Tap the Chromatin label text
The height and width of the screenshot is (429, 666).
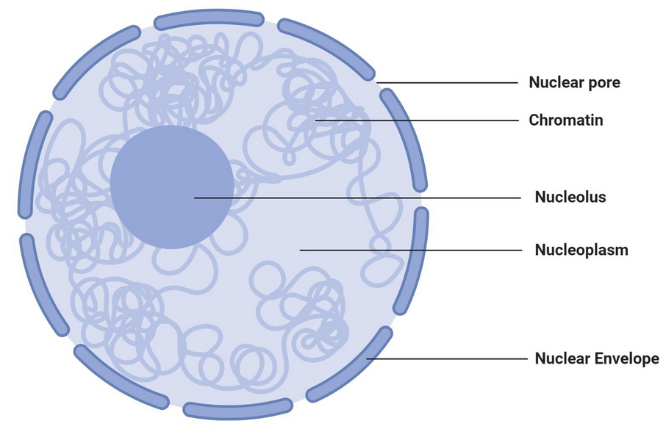[566, 120]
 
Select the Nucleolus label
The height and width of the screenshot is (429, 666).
[570, 197]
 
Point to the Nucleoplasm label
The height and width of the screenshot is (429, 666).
[581, 250]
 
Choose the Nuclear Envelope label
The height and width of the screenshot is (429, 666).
[597, 359]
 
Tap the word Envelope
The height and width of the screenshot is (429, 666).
[626, 359]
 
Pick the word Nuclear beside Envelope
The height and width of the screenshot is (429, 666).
[562, 359]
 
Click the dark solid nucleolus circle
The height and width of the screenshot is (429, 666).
[171, 187]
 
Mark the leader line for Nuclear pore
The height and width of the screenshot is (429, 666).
[448, 83]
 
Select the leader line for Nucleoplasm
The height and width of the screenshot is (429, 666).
[412, 250]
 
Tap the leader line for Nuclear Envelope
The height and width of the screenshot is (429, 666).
[448, 359]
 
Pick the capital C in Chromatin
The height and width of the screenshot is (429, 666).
[534, 120]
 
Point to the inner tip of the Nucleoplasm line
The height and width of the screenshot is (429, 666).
[301, 250]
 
